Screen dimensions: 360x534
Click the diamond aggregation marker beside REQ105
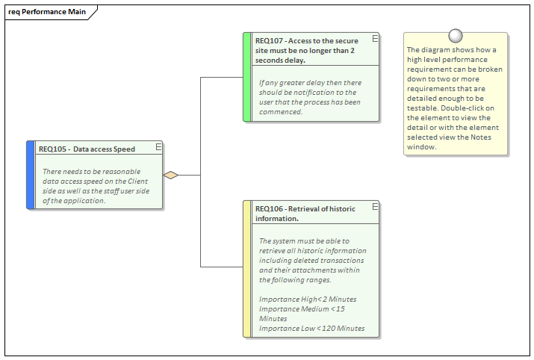click(x=171, y=175)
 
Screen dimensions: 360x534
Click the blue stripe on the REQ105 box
click(x=30, y=175)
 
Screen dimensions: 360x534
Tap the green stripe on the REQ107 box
click(x=247, y=76)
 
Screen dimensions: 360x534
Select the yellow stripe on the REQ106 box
click(x=247, y=269)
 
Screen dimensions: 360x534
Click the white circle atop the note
click(x=455, y=35)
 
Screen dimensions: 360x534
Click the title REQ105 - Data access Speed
click(x=87, y=149)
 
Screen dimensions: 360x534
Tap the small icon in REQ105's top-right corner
click(x=158, y=147)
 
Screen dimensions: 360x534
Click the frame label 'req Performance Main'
click(x=46, y=13)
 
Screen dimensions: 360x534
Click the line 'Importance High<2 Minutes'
click(x=307, y=299)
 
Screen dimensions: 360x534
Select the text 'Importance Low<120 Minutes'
click(x=311, y=328)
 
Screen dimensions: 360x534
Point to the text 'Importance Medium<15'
click(x=302, y=308)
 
